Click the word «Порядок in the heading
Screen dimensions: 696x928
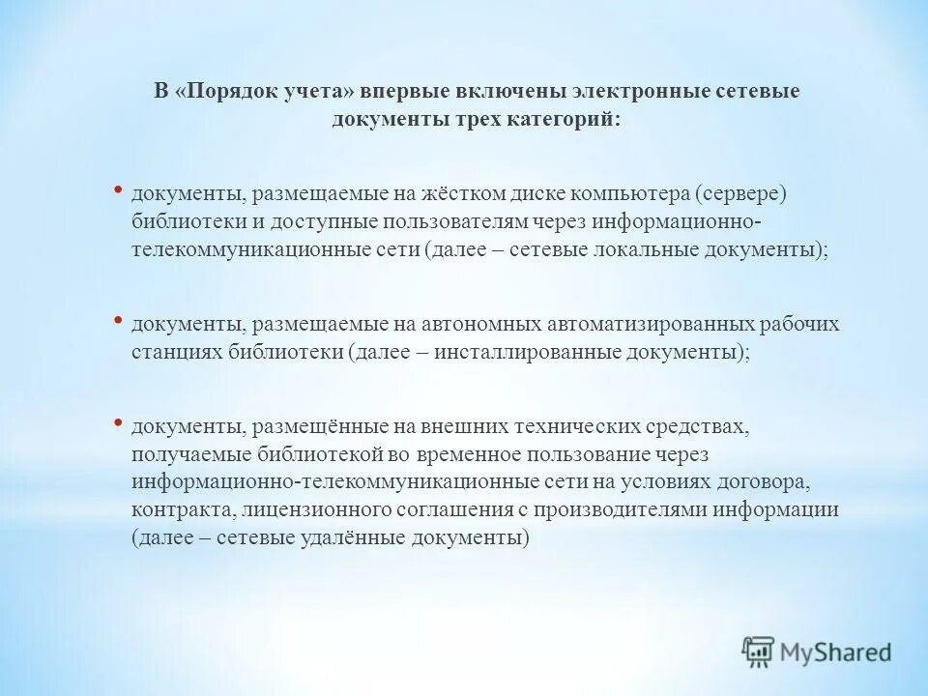click(224, 91)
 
